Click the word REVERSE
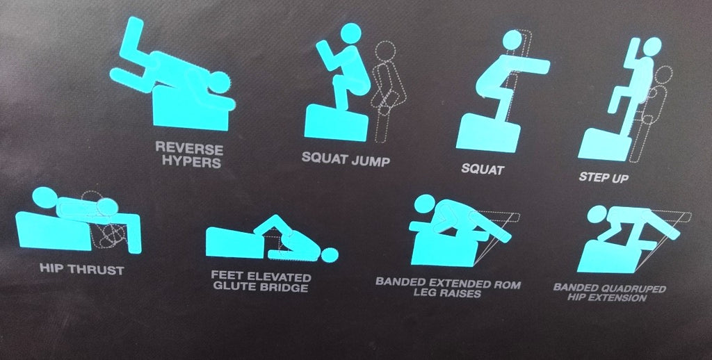189,148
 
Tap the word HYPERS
192,161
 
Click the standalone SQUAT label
483,170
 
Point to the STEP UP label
604,177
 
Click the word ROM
505,285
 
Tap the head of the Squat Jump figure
351,33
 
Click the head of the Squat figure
512,40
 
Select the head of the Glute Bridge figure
330,255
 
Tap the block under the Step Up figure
604,145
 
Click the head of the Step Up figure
652,47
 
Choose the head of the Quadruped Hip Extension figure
597,214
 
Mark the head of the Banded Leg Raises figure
425,204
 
